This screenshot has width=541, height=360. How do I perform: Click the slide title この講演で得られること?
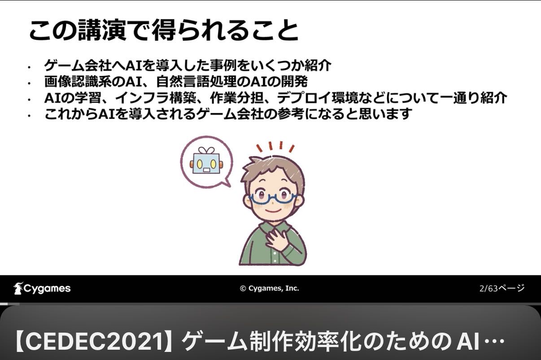163,30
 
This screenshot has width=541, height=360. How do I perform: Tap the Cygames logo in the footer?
42,288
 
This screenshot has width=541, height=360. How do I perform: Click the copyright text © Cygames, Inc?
269,288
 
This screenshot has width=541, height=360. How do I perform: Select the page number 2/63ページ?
502,288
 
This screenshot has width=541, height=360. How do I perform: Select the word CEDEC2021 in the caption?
93,342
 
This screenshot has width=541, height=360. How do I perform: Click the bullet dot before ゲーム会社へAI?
29,67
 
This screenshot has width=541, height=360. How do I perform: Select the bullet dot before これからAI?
29,116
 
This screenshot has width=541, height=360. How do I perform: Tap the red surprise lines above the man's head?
275,147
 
